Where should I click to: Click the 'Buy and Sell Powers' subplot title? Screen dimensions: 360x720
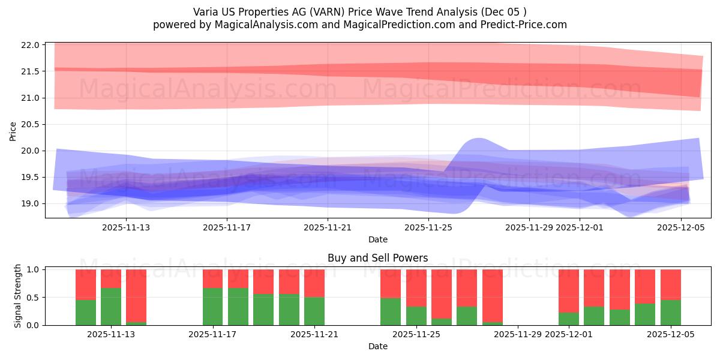click(x=377, y=259)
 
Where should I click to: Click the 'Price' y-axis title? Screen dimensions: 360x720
click(x=13, y=130)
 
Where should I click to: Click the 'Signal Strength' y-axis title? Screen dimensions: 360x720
click(x=18, y=296)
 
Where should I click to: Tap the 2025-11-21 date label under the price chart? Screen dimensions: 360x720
click(x=328, y=227)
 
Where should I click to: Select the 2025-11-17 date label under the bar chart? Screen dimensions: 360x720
click(x=213, y=334)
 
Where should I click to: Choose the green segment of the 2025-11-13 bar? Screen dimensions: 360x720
click(x=111, y=307)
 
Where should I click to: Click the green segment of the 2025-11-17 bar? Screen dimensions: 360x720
click(x=213, y=307)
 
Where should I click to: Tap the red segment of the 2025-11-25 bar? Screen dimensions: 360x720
click(x=416, y=288)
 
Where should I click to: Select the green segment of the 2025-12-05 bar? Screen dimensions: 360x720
click(x=671, y=313)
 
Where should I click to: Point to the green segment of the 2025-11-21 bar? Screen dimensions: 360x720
click(x=314, y=311)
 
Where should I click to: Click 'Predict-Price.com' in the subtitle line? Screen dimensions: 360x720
click(x=526, y=25)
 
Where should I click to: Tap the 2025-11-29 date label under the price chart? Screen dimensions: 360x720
click(x=529, y=227)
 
